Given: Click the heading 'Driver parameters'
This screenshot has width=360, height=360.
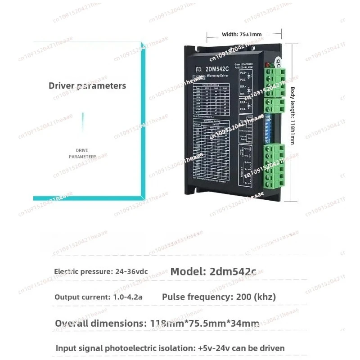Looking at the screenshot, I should point(87,85).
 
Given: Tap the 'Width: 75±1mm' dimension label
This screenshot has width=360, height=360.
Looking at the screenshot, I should point(242,34).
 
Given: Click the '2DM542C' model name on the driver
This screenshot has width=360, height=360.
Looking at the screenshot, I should point(218,69).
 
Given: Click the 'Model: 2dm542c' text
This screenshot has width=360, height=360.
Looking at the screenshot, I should point(213,271).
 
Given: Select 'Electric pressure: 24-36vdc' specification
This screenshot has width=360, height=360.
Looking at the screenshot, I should point(101,272).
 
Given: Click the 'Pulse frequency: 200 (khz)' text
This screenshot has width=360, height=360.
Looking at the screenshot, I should point(219,297).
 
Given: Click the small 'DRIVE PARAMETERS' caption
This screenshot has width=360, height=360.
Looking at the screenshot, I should point(82,153).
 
